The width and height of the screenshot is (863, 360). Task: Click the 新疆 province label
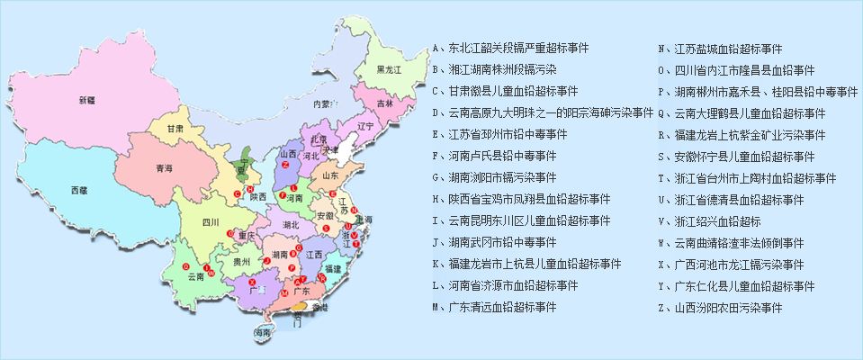pyautogui.click(x=86, y=100)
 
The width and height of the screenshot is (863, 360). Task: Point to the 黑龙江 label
pyautogui.click(x=389, y=69)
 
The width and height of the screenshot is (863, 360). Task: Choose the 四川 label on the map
pyautogui.click(x=211, y=220)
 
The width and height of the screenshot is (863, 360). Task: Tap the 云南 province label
pyautogui.click(x=196, y=275)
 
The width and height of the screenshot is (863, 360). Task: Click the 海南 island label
pyautogui.click(x=262, y=333)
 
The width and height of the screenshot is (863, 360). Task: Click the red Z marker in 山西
pyautogui.click(x=284, y=166)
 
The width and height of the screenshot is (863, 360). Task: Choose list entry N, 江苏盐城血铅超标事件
pyautogui.click(x=720, y=48)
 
